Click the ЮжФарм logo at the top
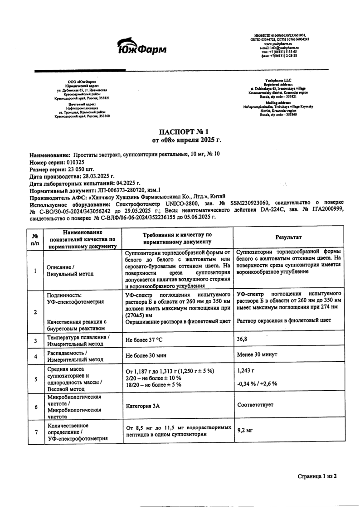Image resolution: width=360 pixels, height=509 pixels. (141, 45)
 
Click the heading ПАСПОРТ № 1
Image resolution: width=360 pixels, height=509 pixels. (180, 131)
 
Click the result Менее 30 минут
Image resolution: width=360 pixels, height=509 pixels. (257, 354)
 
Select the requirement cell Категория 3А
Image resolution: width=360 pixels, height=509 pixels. (143, 407)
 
